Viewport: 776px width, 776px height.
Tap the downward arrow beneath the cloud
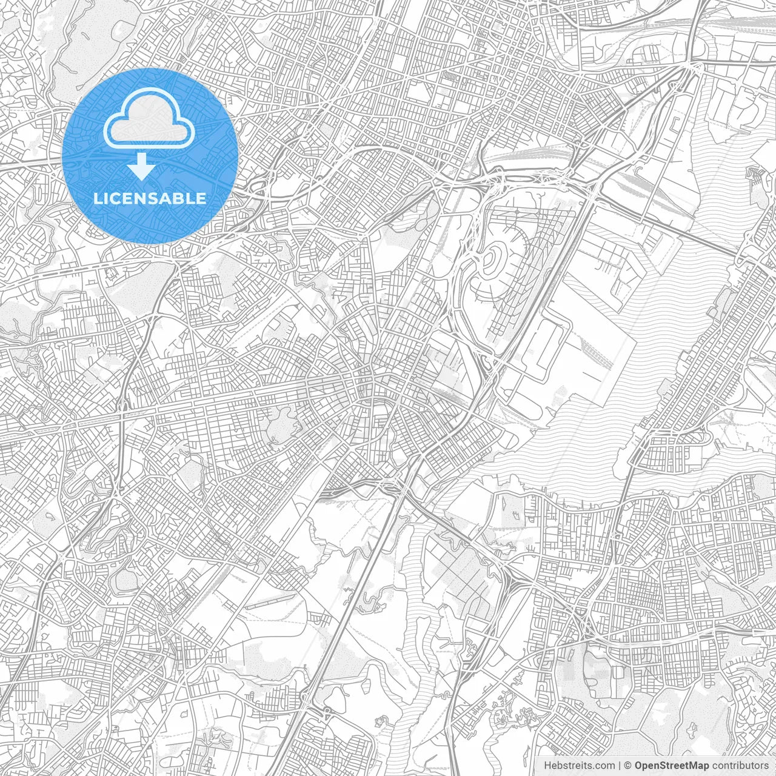coord(142,166)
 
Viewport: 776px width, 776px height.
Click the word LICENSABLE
coord(150,198)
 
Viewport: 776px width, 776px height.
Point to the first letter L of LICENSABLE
coord(97,198)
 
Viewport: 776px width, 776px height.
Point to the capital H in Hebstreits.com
coord(547,766)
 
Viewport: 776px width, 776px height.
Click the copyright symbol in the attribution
coord(629,766)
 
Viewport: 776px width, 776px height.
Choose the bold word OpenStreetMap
coord(672,766)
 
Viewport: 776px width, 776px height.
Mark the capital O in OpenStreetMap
coord(639,766)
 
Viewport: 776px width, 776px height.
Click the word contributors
coord(740,766)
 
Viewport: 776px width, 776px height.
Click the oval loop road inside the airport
coord(498,261)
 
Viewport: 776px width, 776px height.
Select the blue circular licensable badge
coord(150,156)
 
